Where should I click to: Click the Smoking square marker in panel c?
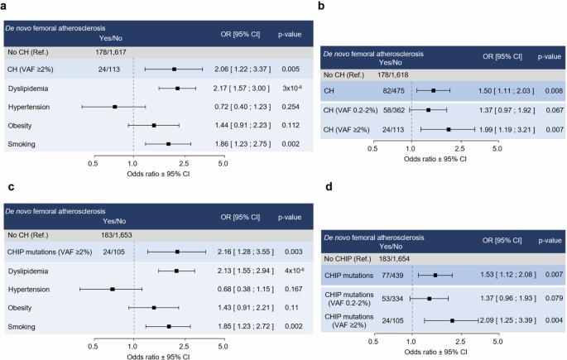click(x=169, y=326)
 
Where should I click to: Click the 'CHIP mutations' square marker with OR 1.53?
click(x=435, y=276)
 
